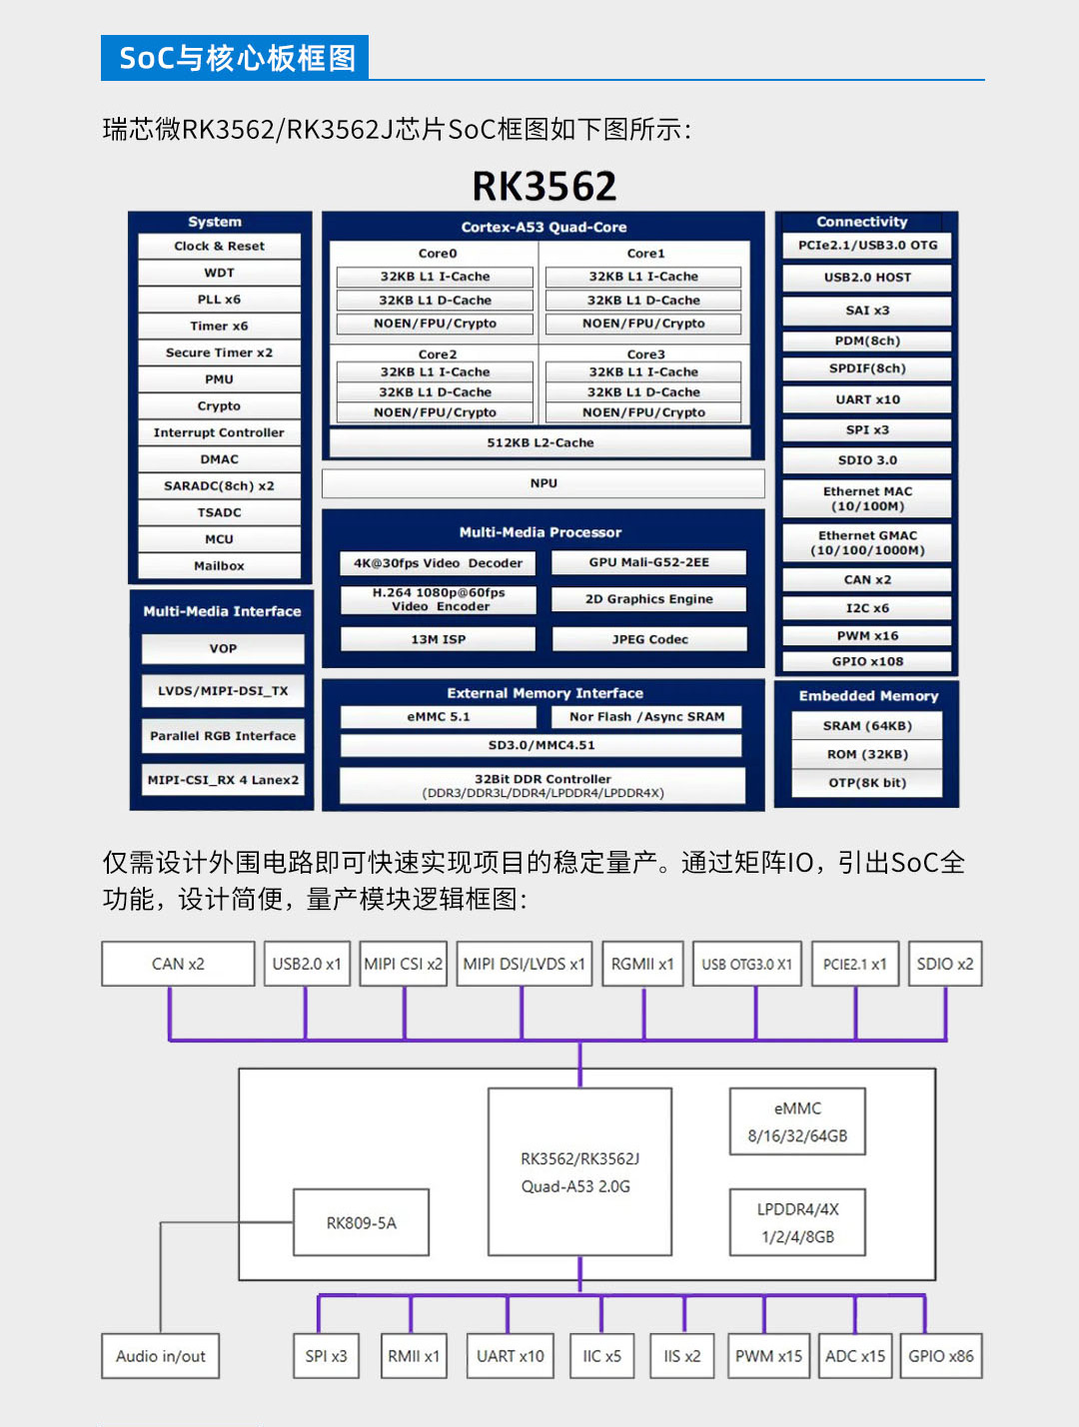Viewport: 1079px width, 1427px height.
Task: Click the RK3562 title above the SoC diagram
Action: pyautogui.click(x=543, y=187)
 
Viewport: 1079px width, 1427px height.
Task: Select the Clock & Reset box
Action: pyautogui.click(x=219, y=246)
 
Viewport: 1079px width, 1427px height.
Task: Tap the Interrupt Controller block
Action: pyautogui.click(x=219, y=432)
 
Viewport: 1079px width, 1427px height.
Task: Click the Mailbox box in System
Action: pyautogui.click(x=219, y=566)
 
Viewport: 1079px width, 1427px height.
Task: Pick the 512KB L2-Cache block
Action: pyautogui.click(x=539, y=442)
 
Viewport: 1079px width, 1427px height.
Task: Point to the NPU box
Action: pyautogui.click(x=542, y=483)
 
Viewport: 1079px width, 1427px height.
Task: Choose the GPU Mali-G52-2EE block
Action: pyautogui.click(x=648, y=562)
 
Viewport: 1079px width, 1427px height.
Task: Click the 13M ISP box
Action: pyautogui.click(x=438, y=639)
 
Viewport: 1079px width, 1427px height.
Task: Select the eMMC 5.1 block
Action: pyautogui.click(x=438, y=717)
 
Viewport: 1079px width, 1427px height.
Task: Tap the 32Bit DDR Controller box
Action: pyautogui.click(x=542, y=785)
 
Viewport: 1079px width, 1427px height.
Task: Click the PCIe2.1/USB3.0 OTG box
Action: pyautogui.click(x=867, y=246)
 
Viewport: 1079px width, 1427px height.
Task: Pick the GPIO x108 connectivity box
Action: pyautogui.click(x=867, y=661)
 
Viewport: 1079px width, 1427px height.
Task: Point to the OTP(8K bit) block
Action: pyautogui.click(x=867, y=783)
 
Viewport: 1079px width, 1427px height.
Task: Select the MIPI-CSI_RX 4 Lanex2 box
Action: pyautogui.click(x=223, y=780)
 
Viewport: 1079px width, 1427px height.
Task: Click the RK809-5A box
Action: pyautogui.click(x=361, y=1222)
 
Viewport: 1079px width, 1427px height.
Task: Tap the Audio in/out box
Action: pyautogui.click(x=160, y=1356)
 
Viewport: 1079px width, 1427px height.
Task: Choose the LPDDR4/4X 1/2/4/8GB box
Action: pyautogui.click(x=797, y=1222)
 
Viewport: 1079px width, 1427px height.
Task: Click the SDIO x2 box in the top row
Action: pyautogui.click(x=944, y=964)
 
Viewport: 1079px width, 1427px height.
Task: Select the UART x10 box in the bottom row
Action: pyautogui.click(x=510, y=1356)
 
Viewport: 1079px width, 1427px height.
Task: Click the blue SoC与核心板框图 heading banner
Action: pyautogui.click(x=236, y=58)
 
